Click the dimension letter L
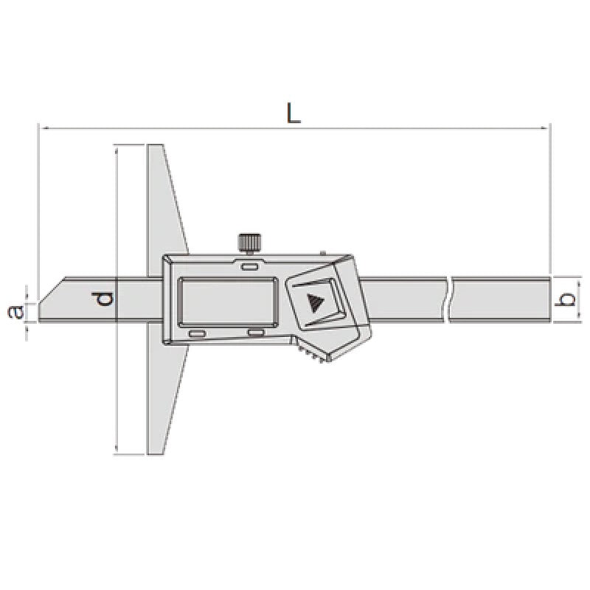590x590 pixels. point(294,112)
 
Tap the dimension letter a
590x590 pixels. point(13,313)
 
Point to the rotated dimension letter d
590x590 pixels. point(105,299)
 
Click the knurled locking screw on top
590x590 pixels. point(249,242)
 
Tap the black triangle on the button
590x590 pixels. point(316,303)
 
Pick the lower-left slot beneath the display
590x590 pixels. point(197,334)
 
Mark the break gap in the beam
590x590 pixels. point(450,299)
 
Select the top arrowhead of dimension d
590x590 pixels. point(117,148)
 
